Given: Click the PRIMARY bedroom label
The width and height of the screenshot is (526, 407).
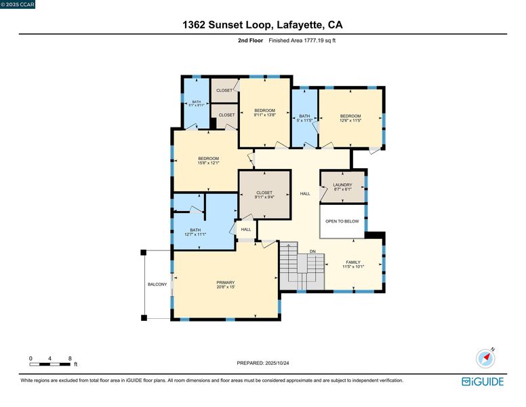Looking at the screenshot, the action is (226, 283).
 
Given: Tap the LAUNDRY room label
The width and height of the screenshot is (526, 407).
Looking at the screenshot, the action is (342, 185).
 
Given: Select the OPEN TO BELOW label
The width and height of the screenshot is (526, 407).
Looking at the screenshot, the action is (342, 221).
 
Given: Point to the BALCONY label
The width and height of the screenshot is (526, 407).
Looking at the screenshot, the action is (157, 284).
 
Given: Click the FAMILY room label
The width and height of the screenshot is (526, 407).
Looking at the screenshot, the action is (353, 263).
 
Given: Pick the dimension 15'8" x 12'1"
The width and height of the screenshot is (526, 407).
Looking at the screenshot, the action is (208, 163).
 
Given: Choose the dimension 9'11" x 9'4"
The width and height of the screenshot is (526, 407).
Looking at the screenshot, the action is (264, 197).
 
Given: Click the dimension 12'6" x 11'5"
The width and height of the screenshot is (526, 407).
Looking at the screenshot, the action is (350, 120).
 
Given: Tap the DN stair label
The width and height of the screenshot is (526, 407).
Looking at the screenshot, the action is (312, 251).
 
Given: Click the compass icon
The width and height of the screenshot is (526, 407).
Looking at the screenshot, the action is (485, 358).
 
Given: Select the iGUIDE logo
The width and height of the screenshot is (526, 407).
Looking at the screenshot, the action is (483, 382).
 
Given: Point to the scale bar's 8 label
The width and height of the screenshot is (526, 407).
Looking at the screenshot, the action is (70, 358).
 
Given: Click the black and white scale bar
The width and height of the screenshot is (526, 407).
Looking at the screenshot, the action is (50, 364).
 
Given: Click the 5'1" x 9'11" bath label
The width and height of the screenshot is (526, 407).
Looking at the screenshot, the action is (197, 103).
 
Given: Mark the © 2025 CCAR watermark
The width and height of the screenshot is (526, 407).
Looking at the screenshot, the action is (18, 4).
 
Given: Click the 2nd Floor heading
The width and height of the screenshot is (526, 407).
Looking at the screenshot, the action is (251, 41).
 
